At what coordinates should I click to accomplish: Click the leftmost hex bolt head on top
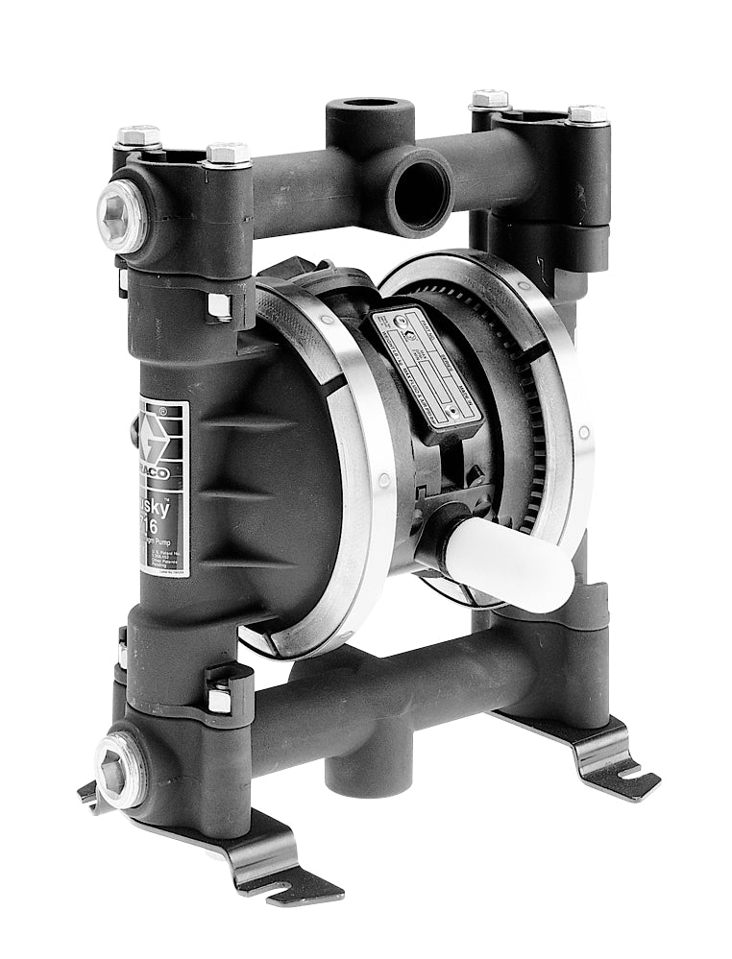(139, 135)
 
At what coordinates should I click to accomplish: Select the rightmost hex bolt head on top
(587, 113)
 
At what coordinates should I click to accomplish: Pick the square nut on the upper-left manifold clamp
(220, 306)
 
